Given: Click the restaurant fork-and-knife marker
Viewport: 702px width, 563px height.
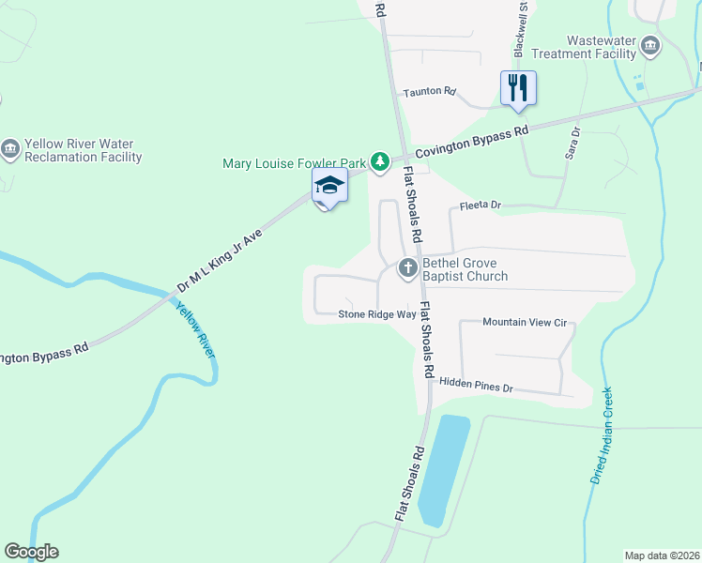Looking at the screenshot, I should (518, 88).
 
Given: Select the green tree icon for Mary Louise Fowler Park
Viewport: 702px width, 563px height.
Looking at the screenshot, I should (379, 163).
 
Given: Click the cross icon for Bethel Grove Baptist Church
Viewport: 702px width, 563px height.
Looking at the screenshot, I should (408, 268).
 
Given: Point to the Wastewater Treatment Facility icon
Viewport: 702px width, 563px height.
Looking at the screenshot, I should (649, 45).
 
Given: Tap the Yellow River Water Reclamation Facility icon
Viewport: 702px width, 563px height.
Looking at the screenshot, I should (10, 149).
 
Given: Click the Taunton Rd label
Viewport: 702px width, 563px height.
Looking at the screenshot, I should (429, 92).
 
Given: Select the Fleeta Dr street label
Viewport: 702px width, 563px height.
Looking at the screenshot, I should (481, 205).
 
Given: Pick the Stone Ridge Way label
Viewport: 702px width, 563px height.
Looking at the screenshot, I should (376, 314).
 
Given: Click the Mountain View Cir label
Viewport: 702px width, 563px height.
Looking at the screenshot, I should (525, 322).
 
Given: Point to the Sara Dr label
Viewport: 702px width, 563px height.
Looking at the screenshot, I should (573, 144).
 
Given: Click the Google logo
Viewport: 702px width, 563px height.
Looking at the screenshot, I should (31, 552).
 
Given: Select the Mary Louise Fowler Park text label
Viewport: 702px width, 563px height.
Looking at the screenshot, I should (293, 163).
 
